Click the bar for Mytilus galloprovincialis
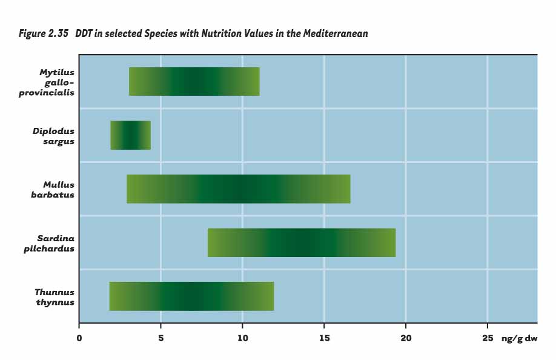[x=194, y=82]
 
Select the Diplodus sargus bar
[x=130, y=135]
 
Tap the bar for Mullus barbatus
[x=238, y=189]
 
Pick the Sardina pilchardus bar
[x=301, y=242]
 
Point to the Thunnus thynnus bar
[x=191, y=296]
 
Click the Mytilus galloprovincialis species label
[x=55, y=82]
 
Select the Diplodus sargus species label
[x=54, y=136]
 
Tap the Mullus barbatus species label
[x=58, y=189]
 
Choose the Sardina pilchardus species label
[x=55, y=242]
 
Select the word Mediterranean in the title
[x=336, y=34]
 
